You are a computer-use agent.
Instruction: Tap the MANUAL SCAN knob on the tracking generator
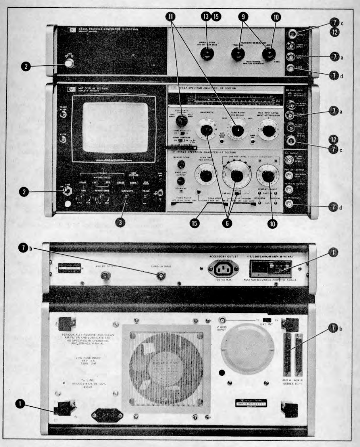207,54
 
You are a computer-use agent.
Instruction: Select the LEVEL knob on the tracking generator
269,54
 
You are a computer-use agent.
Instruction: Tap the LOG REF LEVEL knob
237,176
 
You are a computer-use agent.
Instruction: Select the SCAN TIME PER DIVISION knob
206,176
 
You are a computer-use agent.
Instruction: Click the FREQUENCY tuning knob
180,121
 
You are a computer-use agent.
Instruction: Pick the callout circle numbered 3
120,223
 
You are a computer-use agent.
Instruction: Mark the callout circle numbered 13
206,16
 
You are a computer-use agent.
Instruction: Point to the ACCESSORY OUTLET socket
223,269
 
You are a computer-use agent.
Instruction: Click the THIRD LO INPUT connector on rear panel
161,276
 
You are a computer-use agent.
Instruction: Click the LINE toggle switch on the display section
65,191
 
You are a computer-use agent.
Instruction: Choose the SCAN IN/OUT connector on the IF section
289,204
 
